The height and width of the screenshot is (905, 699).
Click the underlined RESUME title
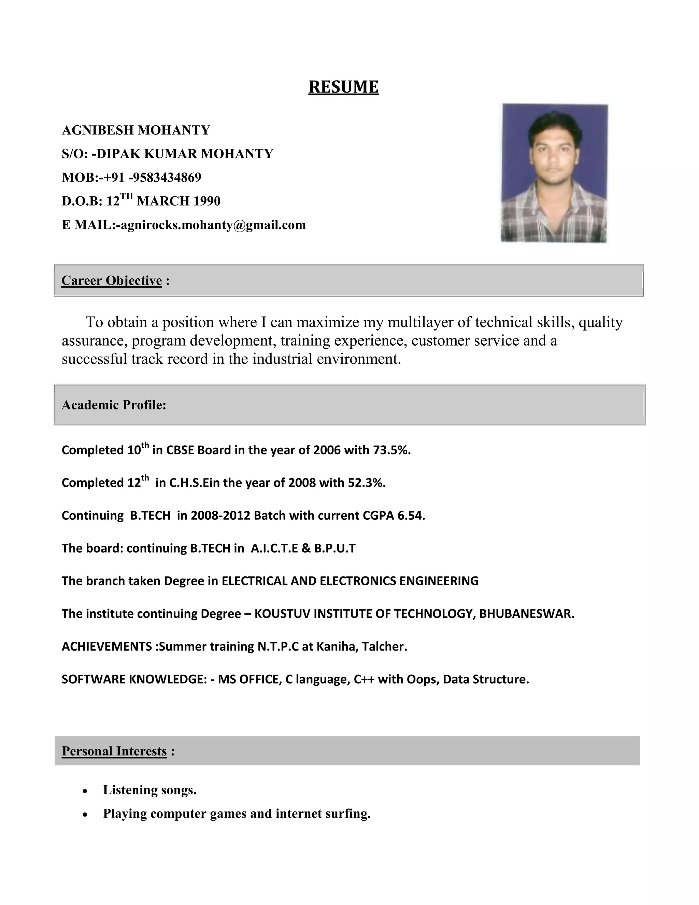coord(343,87)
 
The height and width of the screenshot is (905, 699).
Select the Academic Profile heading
coord(114,405)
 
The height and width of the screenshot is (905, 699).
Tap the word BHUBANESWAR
coord(526,614)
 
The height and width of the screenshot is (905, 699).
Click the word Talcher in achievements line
coord(384,646)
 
